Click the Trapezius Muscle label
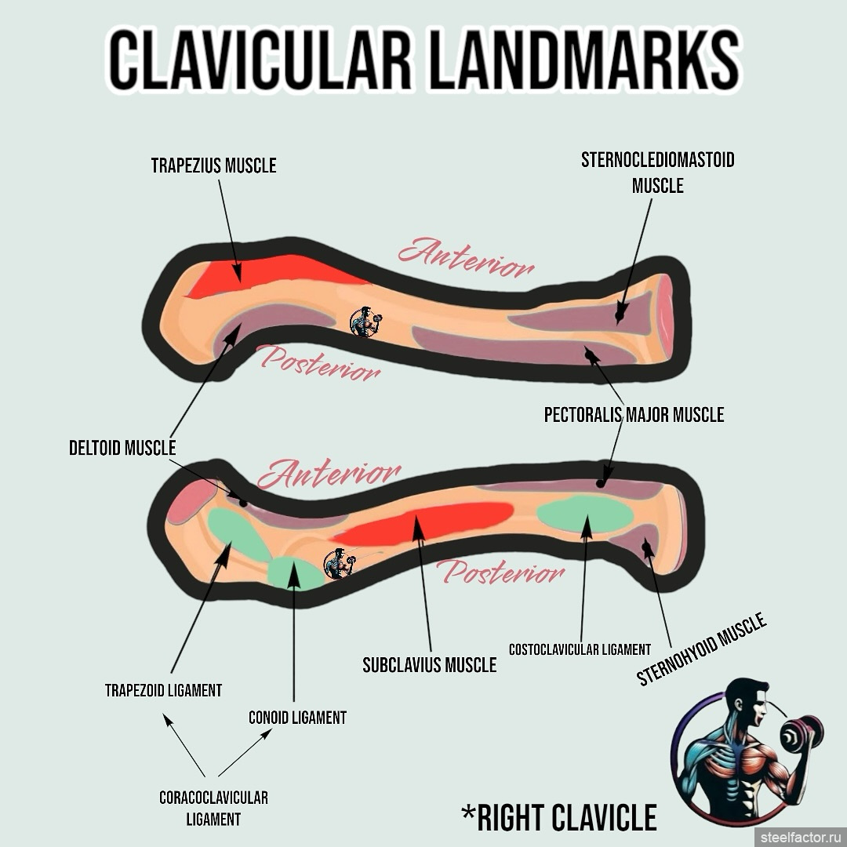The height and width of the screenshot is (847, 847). click(x=214, y=165)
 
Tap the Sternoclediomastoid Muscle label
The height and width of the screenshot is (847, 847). click(x=657, y=173)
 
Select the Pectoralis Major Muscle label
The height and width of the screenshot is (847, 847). click(x=634, y=414)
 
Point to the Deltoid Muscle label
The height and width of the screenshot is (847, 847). click(x=122, y=448)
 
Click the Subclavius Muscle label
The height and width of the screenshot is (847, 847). click(x=429, y=664)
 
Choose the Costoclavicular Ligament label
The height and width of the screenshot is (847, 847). click(x=580, y=649)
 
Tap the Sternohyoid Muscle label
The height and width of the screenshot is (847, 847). click(x=701, y=650)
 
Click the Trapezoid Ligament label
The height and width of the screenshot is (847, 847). click(x=163, y=690)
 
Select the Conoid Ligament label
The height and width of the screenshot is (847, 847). click(x=297, y=717)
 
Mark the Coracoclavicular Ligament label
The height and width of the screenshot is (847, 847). click(x=213, y=808)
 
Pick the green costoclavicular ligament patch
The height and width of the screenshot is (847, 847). click(x=585, y=514)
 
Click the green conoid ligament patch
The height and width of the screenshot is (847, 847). click(x=293, y=573)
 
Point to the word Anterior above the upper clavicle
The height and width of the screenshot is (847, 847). click(x=466, y=257)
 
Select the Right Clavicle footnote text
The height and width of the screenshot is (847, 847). click(x=558, y=817)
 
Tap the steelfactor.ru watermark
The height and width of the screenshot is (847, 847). click(x=799, y=837)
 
